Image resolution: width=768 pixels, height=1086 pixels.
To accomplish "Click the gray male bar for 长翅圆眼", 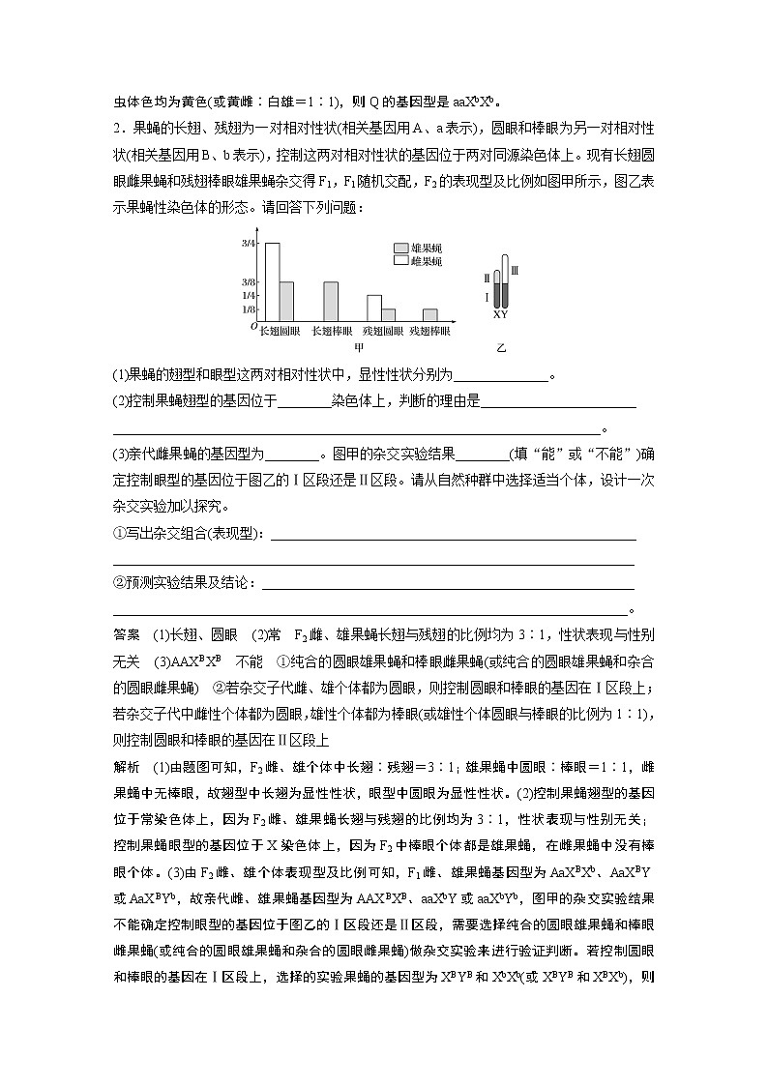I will point(286,301).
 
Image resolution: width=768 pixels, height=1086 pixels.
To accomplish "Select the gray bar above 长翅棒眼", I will point(330,301).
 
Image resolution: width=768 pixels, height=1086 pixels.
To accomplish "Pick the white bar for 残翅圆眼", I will point(373,308).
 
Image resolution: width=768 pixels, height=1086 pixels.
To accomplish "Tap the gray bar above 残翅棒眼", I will point(430,314).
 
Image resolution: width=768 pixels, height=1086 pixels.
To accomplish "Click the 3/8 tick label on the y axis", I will point(248,281).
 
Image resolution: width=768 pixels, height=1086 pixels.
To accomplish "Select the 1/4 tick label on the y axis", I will point(248,295).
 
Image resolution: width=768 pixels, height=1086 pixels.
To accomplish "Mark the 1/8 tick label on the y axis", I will point(248,309).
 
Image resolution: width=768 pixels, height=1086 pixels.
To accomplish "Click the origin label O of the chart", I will point(252,327).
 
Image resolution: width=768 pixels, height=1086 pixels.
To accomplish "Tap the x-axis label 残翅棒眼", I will point(429,331).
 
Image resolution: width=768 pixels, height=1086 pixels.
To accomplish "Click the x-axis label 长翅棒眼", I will point(331,331).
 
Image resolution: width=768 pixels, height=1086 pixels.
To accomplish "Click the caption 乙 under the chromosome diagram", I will point(501,346).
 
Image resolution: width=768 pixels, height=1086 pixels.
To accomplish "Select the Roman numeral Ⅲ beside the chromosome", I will point(515,272).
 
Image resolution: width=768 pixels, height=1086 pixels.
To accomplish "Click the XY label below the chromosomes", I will point(500,314).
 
